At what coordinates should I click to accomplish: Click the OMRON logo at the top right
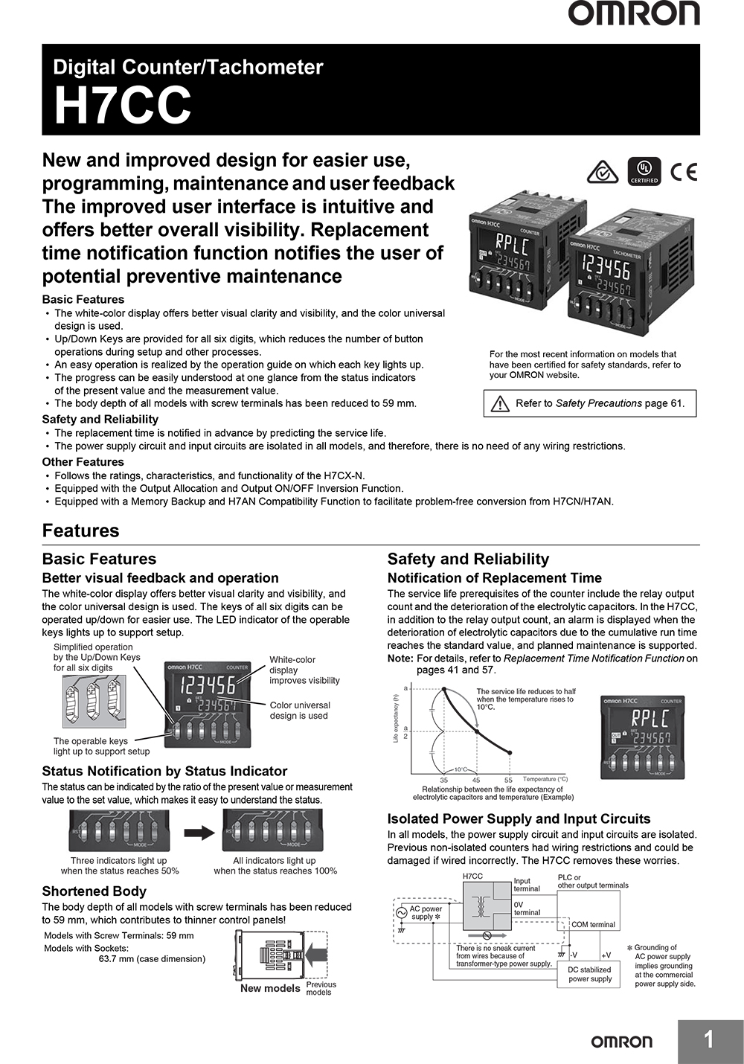coord(634,14)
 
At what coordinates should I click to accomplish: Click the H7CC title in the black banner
coord(123,106)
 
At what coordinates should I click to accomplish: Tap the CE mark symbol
coord(684,172)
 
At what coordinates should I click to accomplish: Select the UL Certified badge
coord(644,171)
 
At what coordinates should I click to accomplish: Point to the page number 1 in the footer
coord(709,1040)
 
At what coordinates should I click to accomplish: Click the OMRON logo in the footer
coord(621,1042)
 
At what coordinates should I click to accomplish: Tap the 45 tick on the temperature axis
coord(476,780)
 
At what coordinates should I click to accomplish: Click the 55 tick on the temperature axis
coord(509,780)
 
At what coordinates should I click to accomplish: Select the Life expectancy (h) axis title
coord(396,717)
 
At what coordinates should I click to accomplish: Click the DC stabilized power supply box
coord(589,974)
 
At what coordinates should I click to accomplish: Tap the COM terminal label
coord(593,925)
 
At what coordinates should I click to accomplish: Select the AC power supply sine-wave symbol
coord(401,912)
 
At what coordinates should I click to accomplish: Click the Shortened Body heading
coord(94,891)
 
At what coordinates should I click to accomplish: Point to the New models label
coord(270,988)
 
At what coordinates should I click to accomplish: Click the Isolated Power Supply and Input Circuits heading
coord(519,818)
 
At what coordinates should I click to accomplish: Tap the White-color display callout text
coord(304,670)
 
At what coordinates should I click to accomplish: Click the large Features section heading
coord(80,531)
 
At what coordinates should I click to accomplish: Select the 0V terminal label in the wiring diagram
coord(527,908)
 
